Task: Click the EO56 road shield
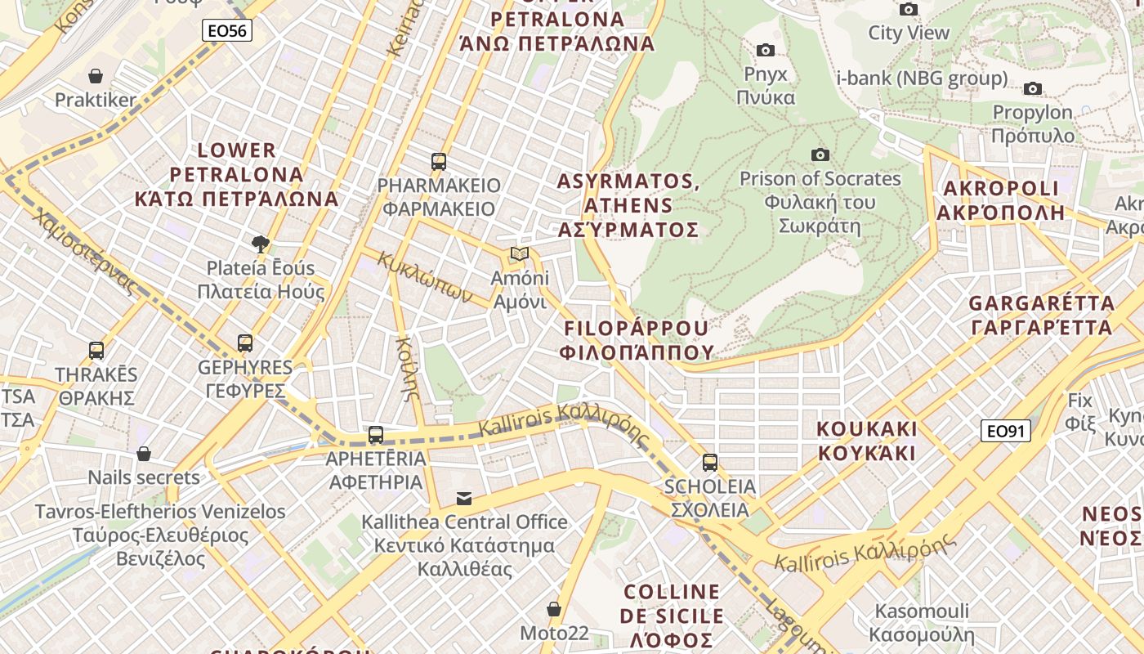click(x=227, y=31)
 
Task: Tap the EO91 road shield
click(x=1005, y=431)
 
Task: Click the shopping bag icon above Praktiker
click(x=96, y=76)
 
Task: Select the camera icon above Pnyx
click(x=766, y=50)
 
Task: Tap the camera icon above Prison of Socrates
click(x=820, y=155)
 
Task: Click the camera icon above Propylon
click(x=1033, y=88)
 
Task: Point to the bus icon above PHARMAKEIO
click(x=439, y=161)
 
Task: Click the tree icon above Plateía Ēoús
click(x=261, y=244)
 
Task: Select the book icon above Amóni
click(x=519, y=253)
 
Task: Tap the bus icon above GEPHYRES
click(x=245, y=343)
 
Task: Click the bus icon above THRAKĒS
click(x=96, y=351)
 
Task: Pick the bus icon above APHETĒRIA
click(x=376, y=435)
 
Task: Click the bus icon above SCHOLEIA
click(x=709, y=463)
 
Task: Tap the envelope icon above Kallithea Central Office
click(x=464, y=498)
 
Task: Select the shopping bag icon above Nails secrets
click(x=144, y=454)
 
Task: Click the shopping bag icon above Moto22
click(x=554, y=609)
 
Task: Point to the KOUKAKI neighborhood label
click(x=867, y=441)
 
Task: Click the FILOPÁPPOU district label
click(x=637, y=340)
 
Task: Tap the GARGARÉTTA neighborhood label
click(x=1041, y=315)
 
